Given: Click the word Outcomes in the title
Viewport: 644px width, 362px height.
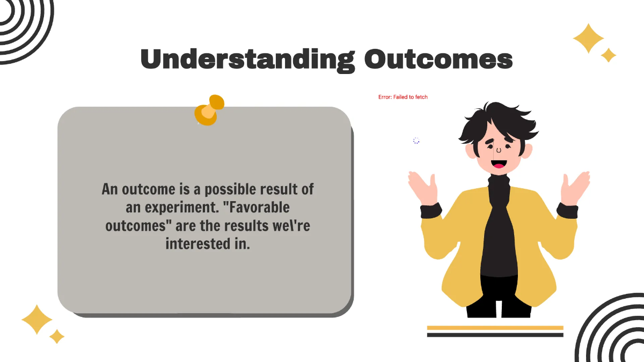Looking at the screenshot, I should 438,60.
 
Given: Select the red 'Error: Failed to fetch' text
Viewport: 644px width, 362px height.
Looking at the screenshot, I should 403,97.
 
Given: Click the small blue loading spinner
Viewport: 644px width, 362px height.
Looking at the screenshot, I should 416,141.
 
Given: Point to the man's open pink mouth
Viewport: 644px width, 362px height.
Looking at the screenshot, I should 499,163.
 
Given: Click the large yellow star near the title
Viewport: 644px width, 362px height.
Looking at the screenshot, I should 588,38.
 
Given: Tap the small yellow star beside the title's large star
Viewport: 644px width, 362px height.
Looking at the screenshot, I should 608,55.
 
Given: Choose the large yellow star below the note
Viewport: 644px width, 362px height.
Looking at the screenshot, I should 36,320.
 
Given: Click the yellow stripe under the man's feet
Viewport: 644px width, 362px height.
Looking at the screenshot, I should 495,328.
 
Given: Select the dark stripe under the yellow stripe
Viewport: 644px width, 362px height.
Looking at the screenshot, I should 495,335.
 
